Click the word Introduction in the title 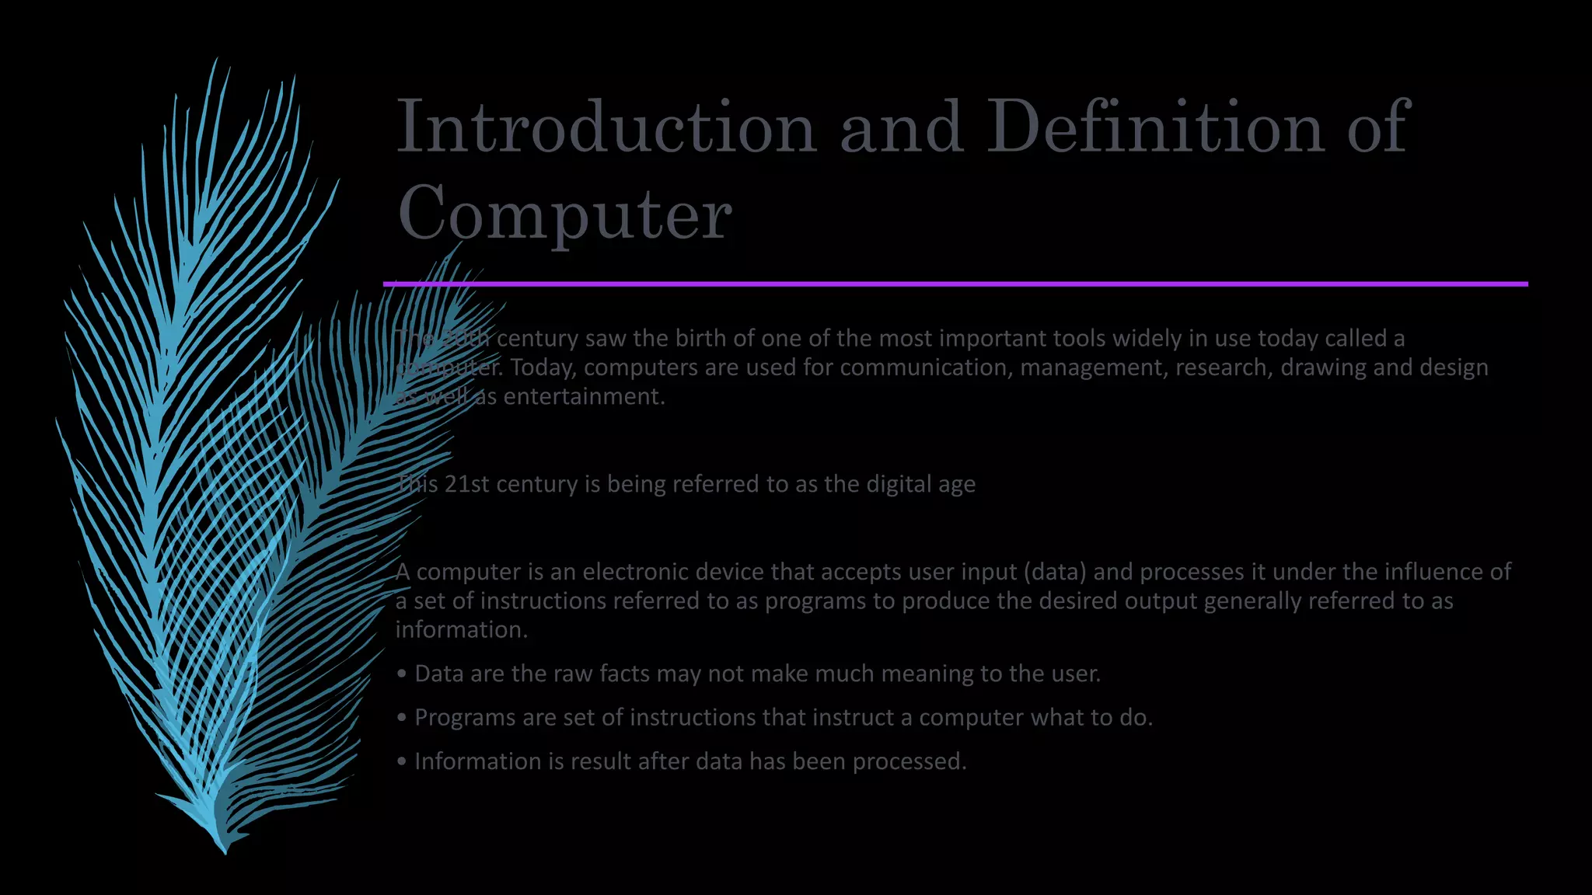[x=606, y=127]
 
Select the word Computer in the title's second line [x=564, y=213]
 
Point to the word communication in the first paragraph [x=925, y=367]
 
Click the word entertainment [x=583, y=397]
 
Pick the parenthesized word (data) [x=1054, y=572]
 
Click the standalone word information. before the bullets [x=461, y=630]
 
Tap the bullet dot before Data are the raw [x=401, y=674]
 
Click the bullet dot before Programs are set [x=401, y=718]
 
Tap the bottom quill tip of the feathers [x=225, y=851]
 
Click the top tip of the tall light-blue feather [x=215, y=61]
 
